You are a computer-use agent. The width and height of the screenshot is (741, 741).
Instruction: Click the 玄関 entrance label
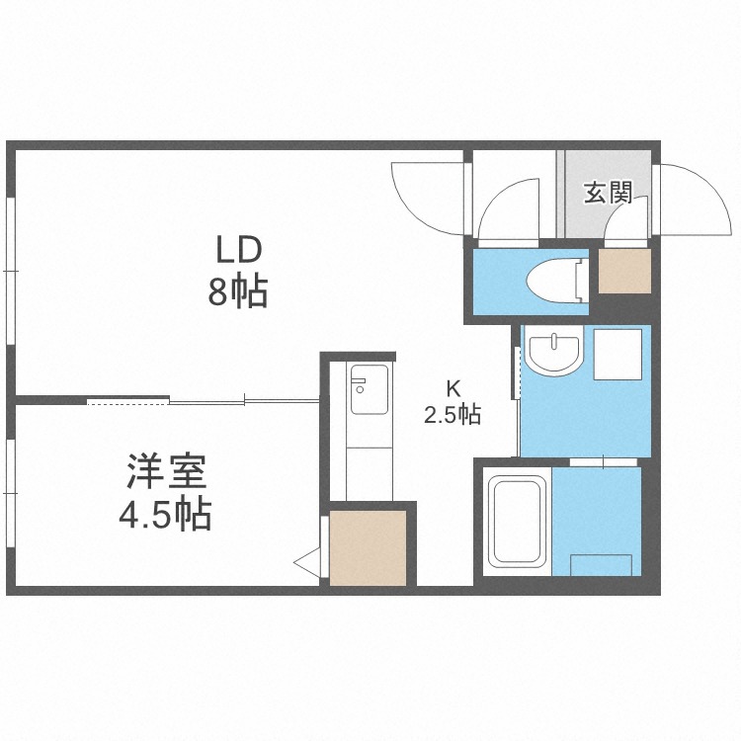[607, 193]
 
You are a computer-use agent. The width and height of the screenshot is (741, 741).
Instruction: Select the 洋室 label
[166, 471]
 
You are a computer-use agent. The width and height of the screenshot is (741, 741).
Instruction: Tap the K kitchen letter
[452, 388]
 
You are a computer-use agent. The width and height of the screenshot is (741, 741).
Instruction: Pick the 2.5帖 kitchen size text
[452, 415]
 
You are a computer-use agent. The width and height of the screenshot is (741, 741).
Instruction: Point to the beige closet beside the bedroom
[368, 544]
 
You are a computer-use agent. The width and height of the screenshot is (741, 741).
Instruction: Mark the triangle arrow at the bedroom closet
[307, 563]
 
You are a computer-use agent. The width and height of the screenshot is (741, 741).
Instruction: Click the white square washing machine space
[617, 354]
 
